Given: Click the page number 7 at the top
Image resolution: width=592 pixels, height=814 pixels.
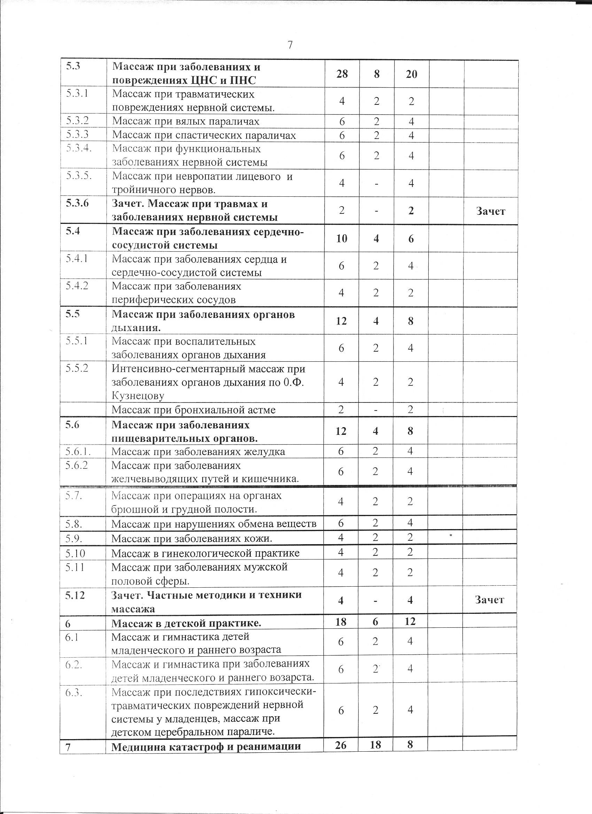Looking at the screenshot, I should [290, 45].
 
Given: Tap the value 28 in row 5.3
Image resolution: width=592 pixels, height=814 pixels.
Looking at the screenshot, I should [342, 74].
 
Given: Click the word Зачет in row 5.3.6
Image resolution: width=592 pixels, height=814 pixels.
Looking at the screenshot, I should [490, 211].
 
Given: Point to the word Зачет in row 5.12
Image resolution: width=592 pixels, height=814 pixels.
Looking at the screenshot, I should [490, 600].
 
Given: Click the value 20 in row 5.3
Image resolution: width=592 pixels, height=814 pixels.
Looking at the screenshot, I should [411, 74].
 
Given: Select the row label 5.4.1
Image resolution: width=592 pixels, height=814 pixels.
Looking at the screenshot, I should [77, 258].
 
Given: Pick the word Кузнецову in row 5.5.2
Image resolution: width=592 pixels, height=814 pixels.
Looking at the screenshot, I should [138, 396].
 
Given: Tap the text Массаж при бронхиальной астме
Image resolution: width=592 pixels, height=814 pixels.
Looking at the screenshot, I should [194, 409].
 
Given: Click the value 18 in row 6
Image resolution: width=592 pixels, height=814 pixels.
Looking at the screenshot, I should [341, 621].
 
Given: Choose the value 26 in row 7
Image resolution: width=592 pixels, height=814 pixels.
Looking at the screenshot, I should [341, 735].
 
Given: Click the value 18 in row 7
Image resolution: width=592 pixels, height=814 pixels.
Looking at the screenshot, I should [375, 735].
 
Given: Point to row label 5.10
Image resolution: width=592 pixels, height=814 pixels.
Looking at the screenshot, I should [75, 553].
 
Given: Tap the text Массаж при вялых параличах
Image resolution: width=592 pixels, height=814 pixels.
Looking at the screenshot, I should [186, 121].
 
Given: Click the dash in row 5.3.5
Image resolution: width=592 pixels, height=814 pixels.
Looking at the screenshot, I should [376, 183].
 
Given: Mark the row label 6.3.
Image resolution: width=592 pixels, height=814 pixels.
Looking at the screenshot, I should [74, 693].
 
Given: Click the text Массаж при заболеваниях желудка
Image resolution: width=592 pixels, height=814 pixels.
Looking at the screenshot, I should [198, 451].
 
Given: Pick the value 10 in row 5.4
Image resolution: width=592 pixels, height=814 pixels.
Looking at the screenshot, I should [341, 239].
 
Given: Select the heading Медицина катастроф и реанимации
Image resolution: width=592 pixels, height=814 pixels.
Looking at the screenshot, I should [206, 735].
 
